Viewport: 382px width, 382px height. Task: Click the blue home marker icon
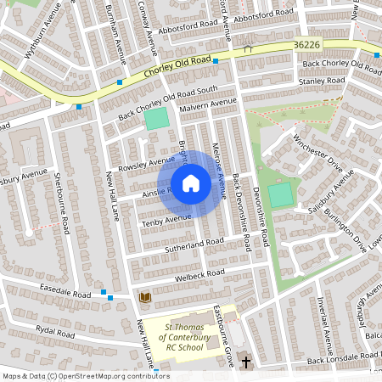click(191, 183)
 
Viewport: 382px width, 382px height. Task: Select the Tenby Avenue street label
click(166, 220)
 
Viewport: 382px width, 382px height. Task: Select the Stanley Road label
click(322, 81)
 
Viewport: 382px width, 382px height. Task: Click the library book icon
click(143, 297)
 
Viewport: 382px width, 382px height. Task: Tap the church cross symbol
click(246, 362)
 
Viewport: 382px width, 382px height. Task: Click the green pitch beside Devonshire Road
click(280, 194)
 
